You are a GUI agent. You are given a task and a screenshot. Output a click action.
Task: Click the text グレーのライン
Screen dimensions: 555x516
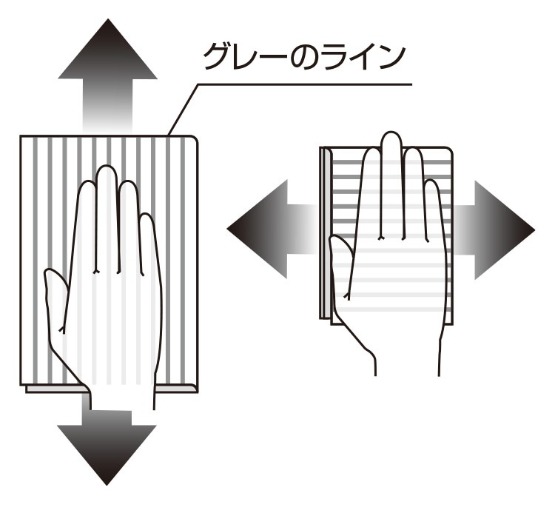(x=304, y=57)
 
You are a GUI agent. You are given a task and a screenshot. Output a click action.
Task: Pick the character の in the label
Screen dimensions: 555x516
(x=305, y=57)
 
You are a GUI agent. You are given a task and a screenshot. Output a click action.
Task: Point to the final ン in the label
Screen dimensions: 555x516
(x=391, y=58)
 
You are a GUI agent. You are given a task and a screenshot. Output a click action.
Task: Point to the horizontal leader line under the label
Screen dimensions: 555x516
(x=305, y=84)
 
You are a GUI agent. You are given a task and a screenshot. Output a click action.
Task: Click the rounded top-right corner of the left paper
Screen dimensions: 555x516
(x=195, y=139)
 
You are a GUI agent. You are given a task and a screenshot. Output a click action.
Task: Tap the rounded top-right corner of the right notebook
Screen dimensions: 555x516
(x=449, y=150)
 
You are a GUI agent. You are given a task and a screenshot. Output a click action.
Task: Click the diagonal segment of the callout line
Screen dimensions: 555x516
(x=183, y=110)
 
